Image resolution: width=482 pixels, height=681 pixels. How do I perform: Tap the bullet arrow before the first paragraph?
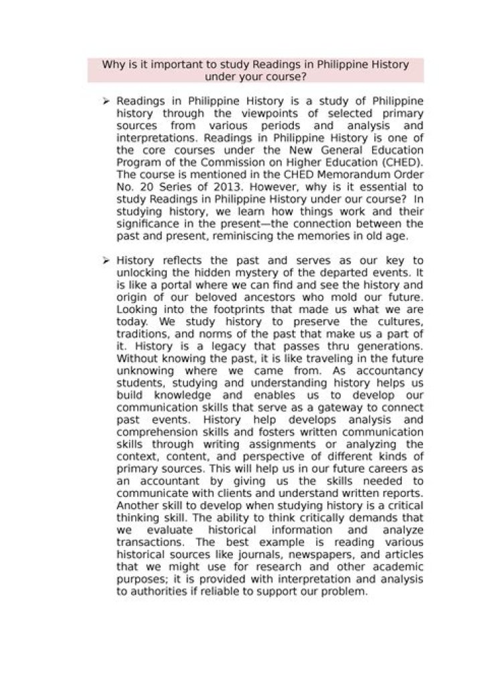pyautogui.click(x=106, y=101)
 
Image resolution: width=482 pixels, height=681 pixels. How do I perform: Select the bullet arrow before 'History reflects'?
pyautogui.click(x=106, y=260)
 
